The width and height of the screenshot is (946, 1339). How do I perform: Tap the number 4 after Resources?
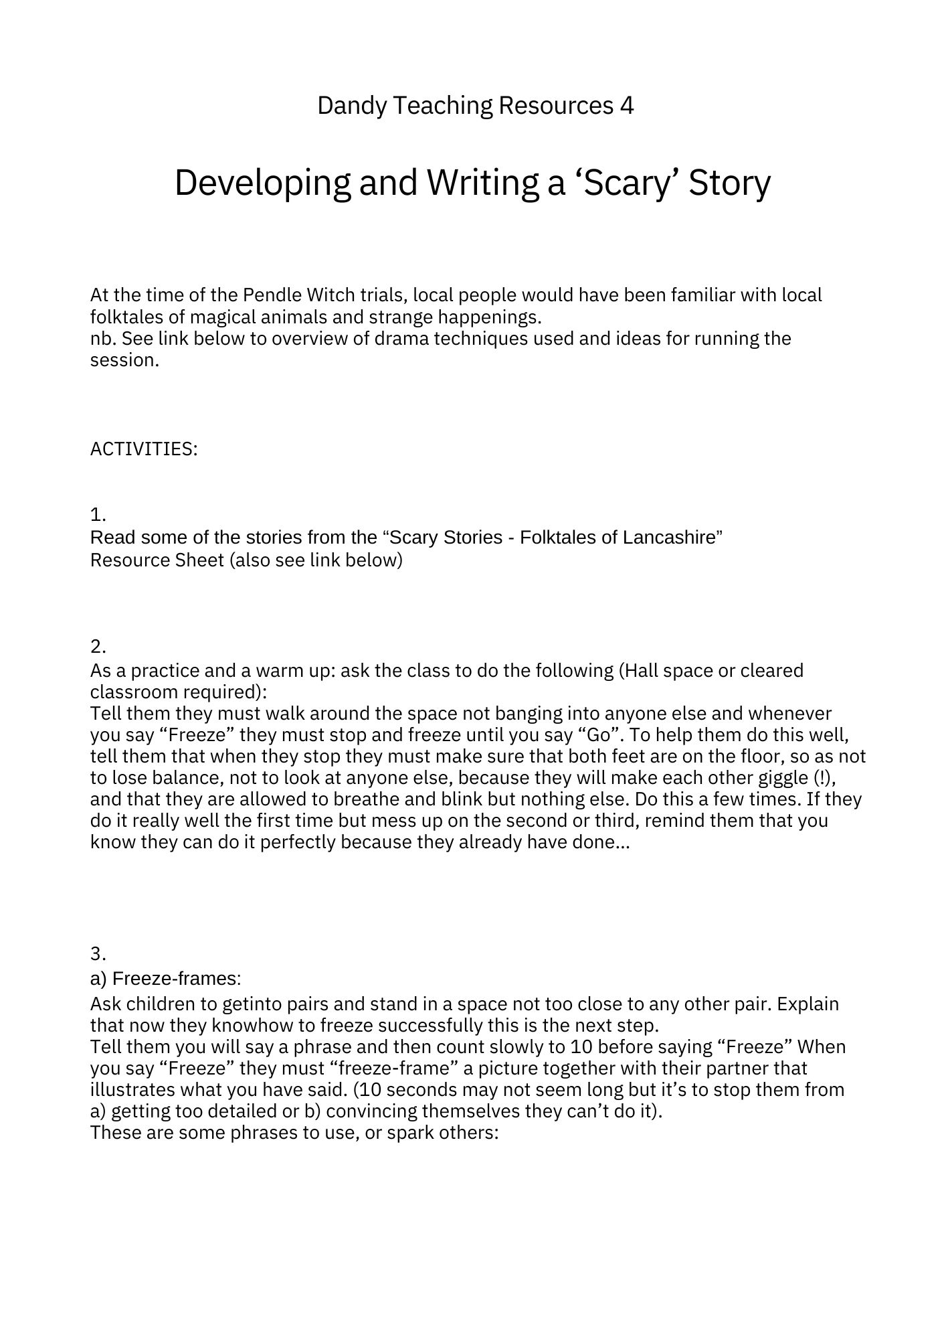coord(626,106)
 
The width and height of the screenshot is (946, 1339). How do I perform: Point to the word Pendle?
coord(271,295)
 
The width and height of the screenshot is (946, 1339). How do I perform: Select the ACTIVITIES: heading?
coord(144,449)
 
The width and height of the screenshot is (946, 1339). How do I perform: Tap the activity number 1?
coord(98,515)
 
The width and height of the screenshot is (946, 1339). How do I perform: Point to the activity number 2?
coord(98,647)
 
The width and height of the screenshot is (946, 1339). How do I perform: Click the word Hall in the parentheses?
coord(645,670)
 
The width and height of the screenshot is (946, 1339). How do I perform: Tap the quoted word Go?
coord(599,734)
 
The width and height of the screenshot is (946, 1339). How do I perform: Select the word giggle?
coord(777,777)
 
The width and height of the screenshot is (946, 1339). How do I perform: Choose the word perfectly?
coord(298,842)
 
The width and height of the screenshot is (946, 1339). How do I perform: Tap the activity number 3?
coord(98,953)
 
